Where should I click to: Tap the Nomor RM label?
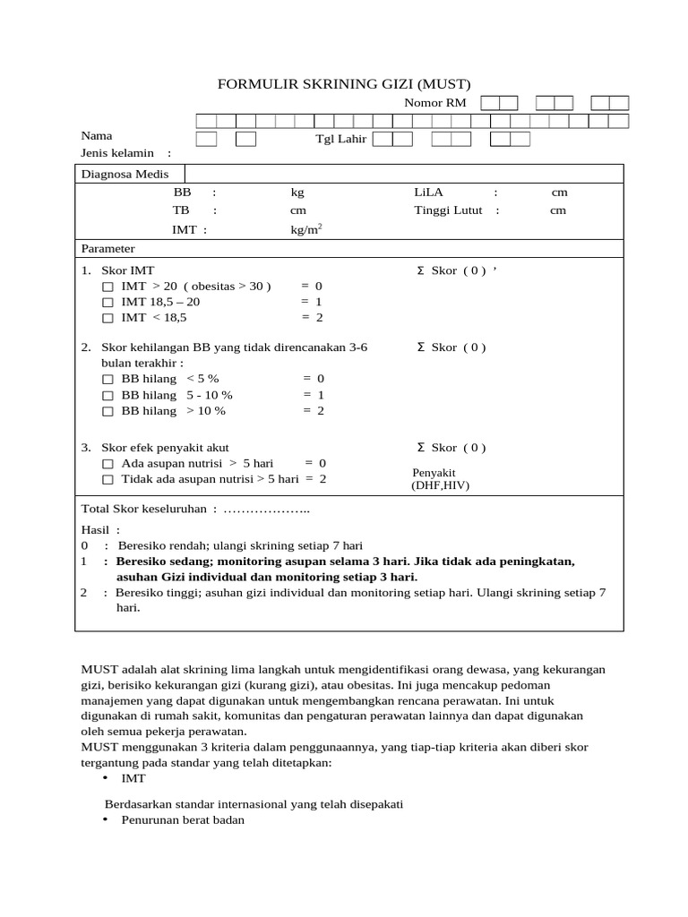[435, 103]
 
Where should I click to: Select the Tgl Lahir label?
[341, 140]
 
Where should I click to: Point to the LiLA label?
[429, 193]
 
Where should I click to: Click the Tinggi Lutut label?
[449, 210]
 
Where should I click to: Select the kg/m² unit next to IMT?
[305, 230]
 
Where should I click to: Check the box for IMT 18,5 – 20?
[107, 303]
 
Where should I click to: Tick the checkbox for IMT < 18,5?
[107, 318]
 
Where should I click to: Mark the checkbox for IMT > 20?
[107, 287]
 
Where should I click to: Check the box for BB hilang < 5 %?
[107, 380]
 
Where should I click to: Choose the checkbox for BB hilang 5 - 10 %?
[107, 396]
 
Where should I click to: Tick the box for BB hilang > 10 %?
[107, 412]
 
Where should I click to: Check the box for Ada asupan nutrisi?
[107, 464]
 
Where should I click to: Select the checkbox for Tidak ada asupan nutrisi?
[107, 480]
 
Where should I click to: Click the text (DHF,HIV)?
[440, 485]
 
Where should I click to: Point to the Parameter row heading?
[108, 248]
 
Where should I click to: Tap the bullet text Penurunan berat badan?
[183, 820]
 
